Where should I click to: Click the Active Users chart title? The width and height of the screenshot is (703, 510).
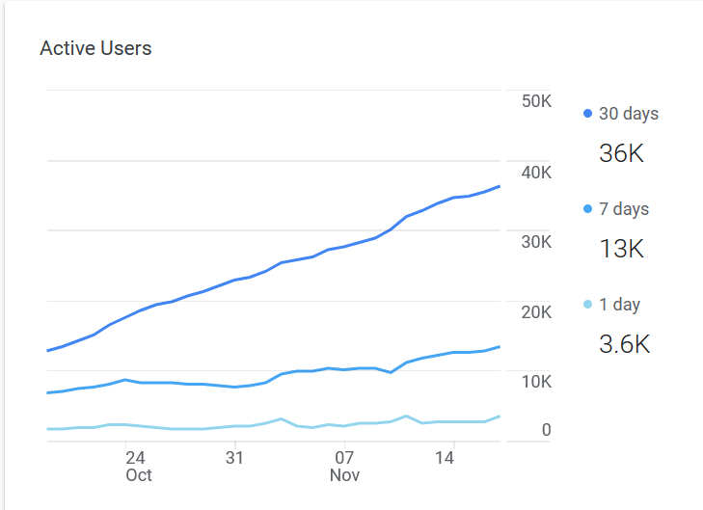(95, 48)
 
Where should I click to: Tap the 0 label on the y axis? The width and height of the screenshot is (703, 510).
(546, 430)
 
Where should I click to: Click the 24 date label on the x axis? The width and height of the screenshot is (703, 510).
(135, 457)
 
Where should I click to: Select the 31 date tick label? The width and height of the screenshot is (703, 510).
(234, 457)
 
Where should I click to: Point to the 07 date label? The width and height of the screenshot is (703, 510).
(344, 457)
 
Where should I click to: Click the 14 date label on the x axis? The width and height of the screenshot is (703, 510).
(445, 457)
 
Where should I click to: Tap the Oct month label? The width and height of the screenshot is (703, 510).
(139, 475)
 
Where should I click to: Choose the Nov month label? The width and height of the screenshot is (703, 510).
(344, 475)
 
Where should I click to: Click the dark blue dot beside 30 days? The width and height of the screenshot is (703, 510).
(587, 114)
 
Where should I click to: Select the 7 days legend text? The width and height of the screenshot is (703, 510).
(624, 209)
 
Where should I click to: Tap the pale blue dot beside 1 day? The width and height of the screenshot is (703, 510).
(587, 305)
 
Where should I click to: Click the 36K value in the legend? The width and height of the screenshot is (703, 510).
(621, 153)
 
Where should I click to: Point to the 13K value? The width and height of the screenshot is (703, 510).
(621, 249)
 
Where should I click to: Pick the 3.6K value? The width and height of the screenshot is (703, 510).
(625, 344)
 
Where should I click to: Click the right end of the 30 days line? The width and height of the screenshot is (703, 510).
(499, 186)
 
